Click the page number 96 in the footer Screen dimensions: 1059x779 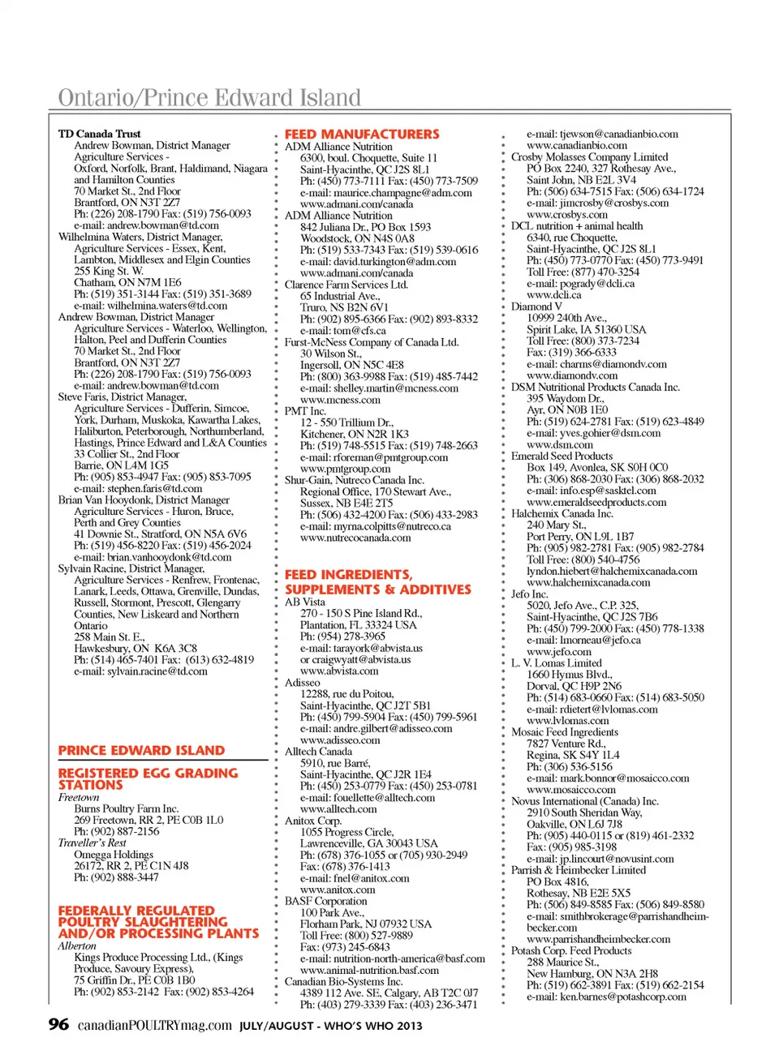pos(58,1024)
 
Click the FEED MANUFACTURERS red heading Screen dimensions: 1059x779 pos(362,135)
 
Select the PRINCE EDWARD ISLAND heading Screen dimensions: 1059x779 pos(141,751)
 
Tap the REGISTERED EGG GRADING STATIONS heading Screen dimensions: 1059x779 pos(148,779)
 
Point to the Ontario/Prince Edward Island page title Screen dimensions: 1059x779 pos(209,98)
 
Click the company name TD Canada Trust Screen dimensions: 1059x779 pos(99,134)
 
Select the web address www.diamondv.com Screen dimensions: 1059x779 pos(572,375)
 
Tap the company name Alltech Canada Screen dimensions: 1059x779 pos(318,752)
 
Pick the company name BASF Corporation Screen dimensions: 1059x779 pos(325,901)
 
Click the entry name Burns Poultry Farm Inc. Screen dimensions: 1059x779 pos(126,808)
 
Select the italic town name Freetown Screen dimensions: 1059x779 pos(79,797)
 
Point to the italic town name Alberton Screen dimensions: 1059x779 pos(77,945)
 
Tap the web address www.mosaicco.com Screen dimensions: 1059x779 pos(571,790)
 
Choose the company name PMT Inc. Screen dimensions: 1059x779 pos(305,411)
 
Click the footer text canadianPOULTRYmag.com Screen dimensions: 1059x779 pos(155,1026)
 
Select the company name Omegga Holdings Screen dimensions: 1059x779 pos(114,855)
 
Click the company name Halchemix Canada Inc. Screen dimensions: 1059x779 pos(562,513)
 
